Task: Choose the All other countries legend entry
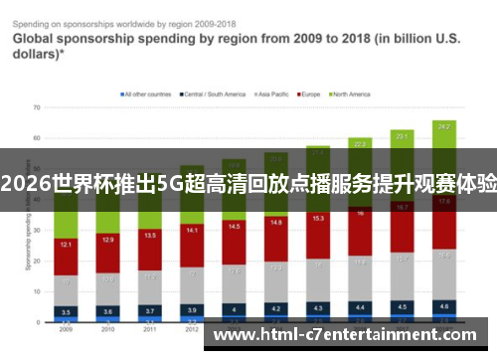tap(147, 94)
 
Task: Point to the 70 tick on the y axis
tap(37, 105)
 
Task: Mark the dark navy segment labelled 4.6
tap(443, 307)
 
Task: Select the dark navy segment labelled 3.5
tap(66, 311)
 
